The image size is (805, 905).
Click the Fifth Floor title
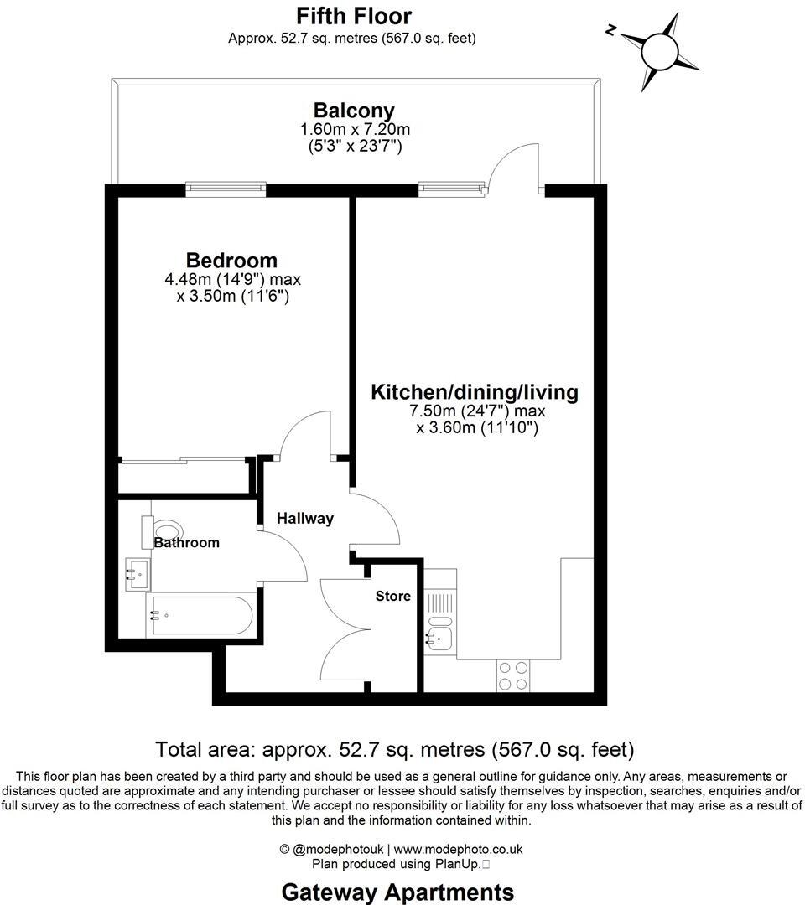[353, 16]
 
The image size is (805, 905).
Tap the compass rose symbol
[659, 50]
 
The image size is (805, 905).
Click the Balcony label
[354, 110]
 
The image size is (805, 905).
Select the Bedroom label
[231, 260]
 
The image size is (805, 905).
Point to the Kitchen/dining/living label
[475, 391]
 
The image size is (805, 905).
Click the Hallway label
[305, 519]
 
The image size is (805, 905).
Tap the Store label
[393, 596]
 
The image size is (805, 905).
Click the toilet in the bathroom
[166, 530]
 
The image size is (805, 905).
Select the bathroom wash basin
[137, 574]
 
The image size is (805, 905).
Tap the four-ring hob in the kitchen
[513, 675]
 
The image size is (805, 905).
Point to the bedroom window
[226, 189]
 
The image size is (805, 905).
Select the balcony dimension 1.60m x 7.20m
[355, 130]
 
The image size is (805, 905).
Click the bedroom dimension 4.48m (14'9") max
[233, 279]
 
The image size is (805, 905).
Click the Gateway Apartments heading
[397, 891]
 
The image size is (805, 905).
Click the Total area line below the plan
[395, 748]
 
